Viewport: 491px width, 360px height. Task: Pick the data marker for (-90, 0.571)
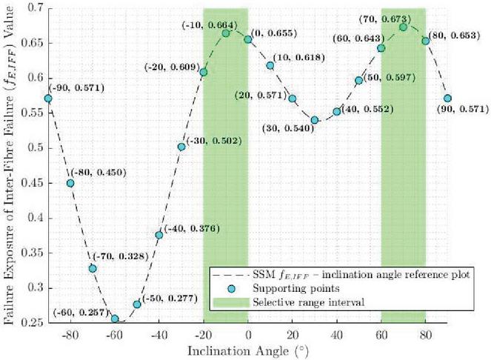(48, 99)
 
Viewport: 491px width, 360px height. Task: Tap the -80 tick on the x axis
(70, 334)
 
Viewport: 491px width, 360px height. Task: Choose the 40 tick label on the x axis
(337, 334)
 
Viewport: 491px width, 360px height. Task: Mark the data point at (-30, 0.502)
(181, 147)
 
